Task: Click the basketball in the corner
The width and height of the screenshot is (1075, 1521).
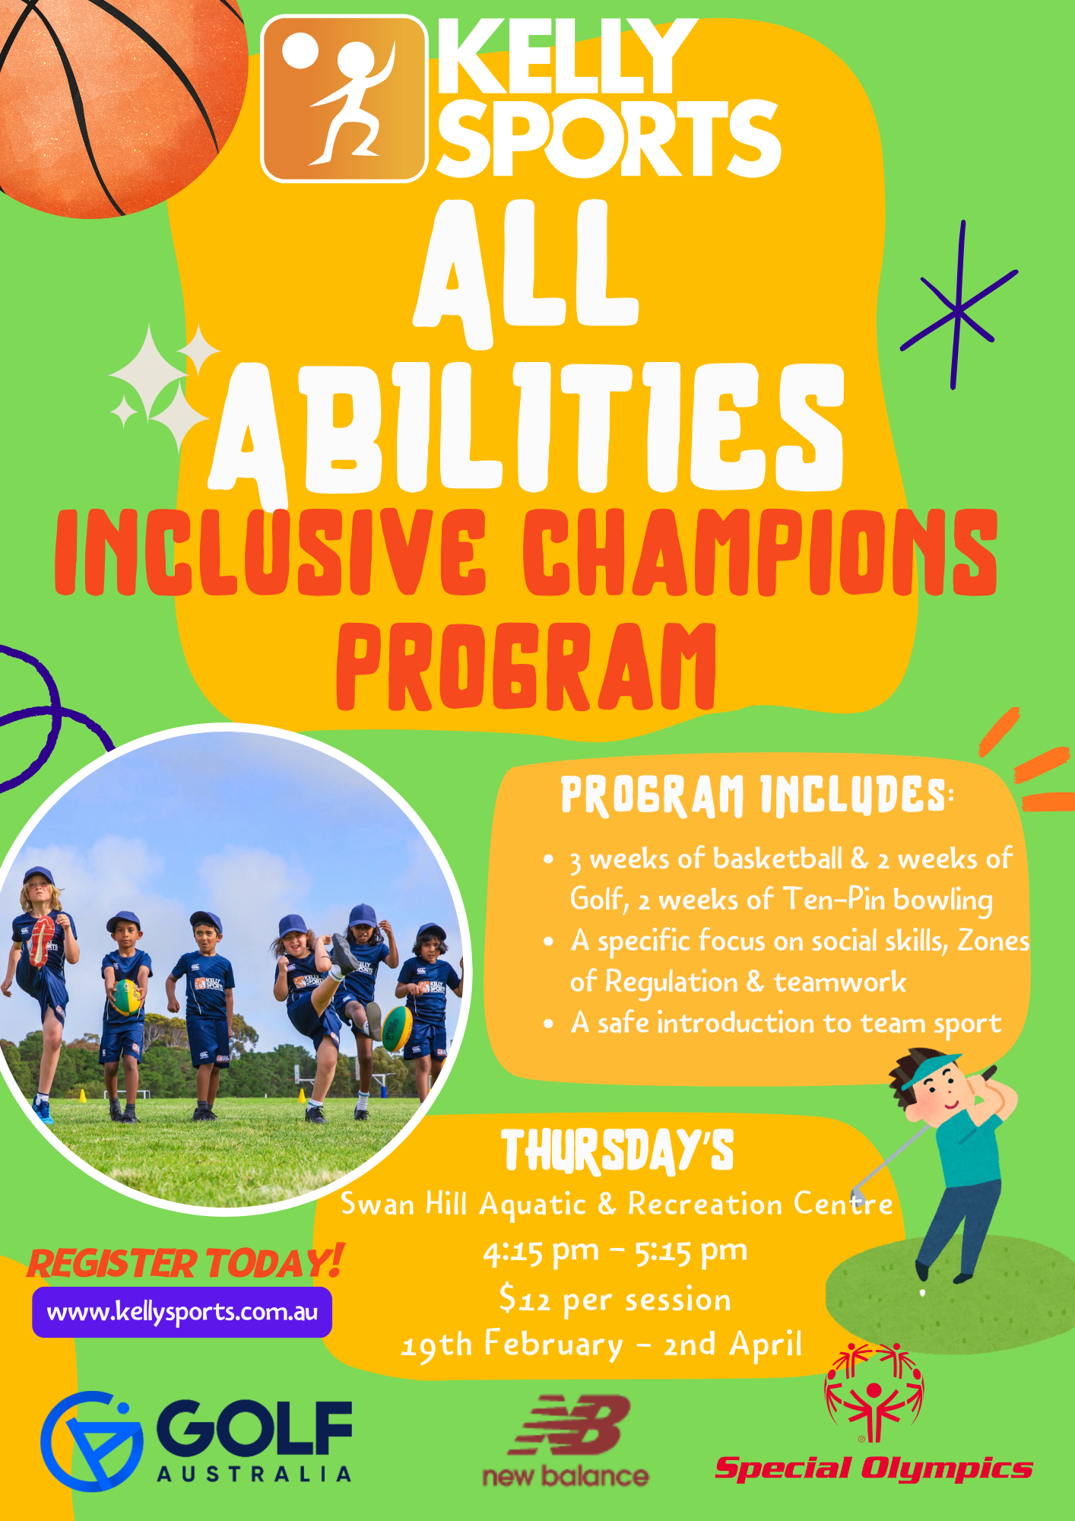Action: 114,99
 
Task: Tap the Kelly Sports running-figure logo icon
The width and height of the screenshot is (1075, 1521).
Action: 344,99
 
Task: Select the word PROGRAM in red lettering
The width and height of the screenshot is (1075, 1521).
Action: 526,667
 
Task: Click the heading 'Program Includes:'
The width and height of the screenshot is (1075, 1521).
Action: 756,795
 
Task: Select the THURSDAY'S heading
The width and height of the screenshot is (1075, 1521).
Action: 617,1151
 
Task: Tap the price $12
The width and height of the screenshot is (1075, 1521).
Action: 525,1298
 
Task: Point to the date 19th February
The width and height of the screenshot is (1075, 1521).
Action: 512,1345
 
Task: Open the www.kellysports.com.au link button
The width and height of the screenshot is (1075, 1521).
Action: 182,1312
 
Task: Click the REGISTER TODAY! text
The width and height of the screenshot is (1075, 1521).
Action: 186,1262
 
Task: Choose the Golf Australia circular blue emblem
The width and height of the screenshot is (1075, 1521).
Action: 92,1441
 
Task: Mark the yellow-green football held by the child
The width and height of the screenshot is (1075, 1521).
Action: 127,997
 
